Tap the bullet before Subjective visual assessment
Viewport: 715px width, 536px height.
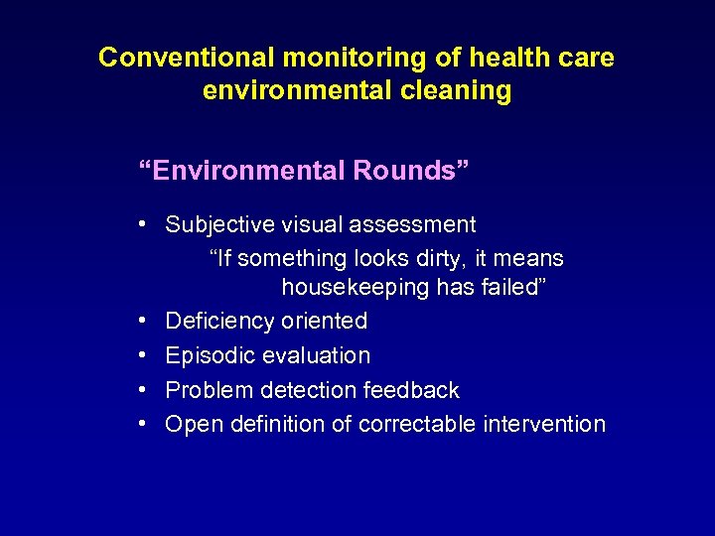(144, 224)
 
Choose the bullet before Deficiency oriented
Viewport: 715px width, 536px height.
(144, 321)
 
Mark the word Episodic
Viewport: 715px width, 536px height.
(210, 355)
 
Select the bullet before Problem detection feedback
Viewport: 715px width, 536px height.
(144, 389)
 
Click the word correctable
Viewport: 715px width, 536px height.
(417, 424)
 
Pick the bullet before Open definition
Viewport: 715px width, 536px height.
(144, 423)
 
